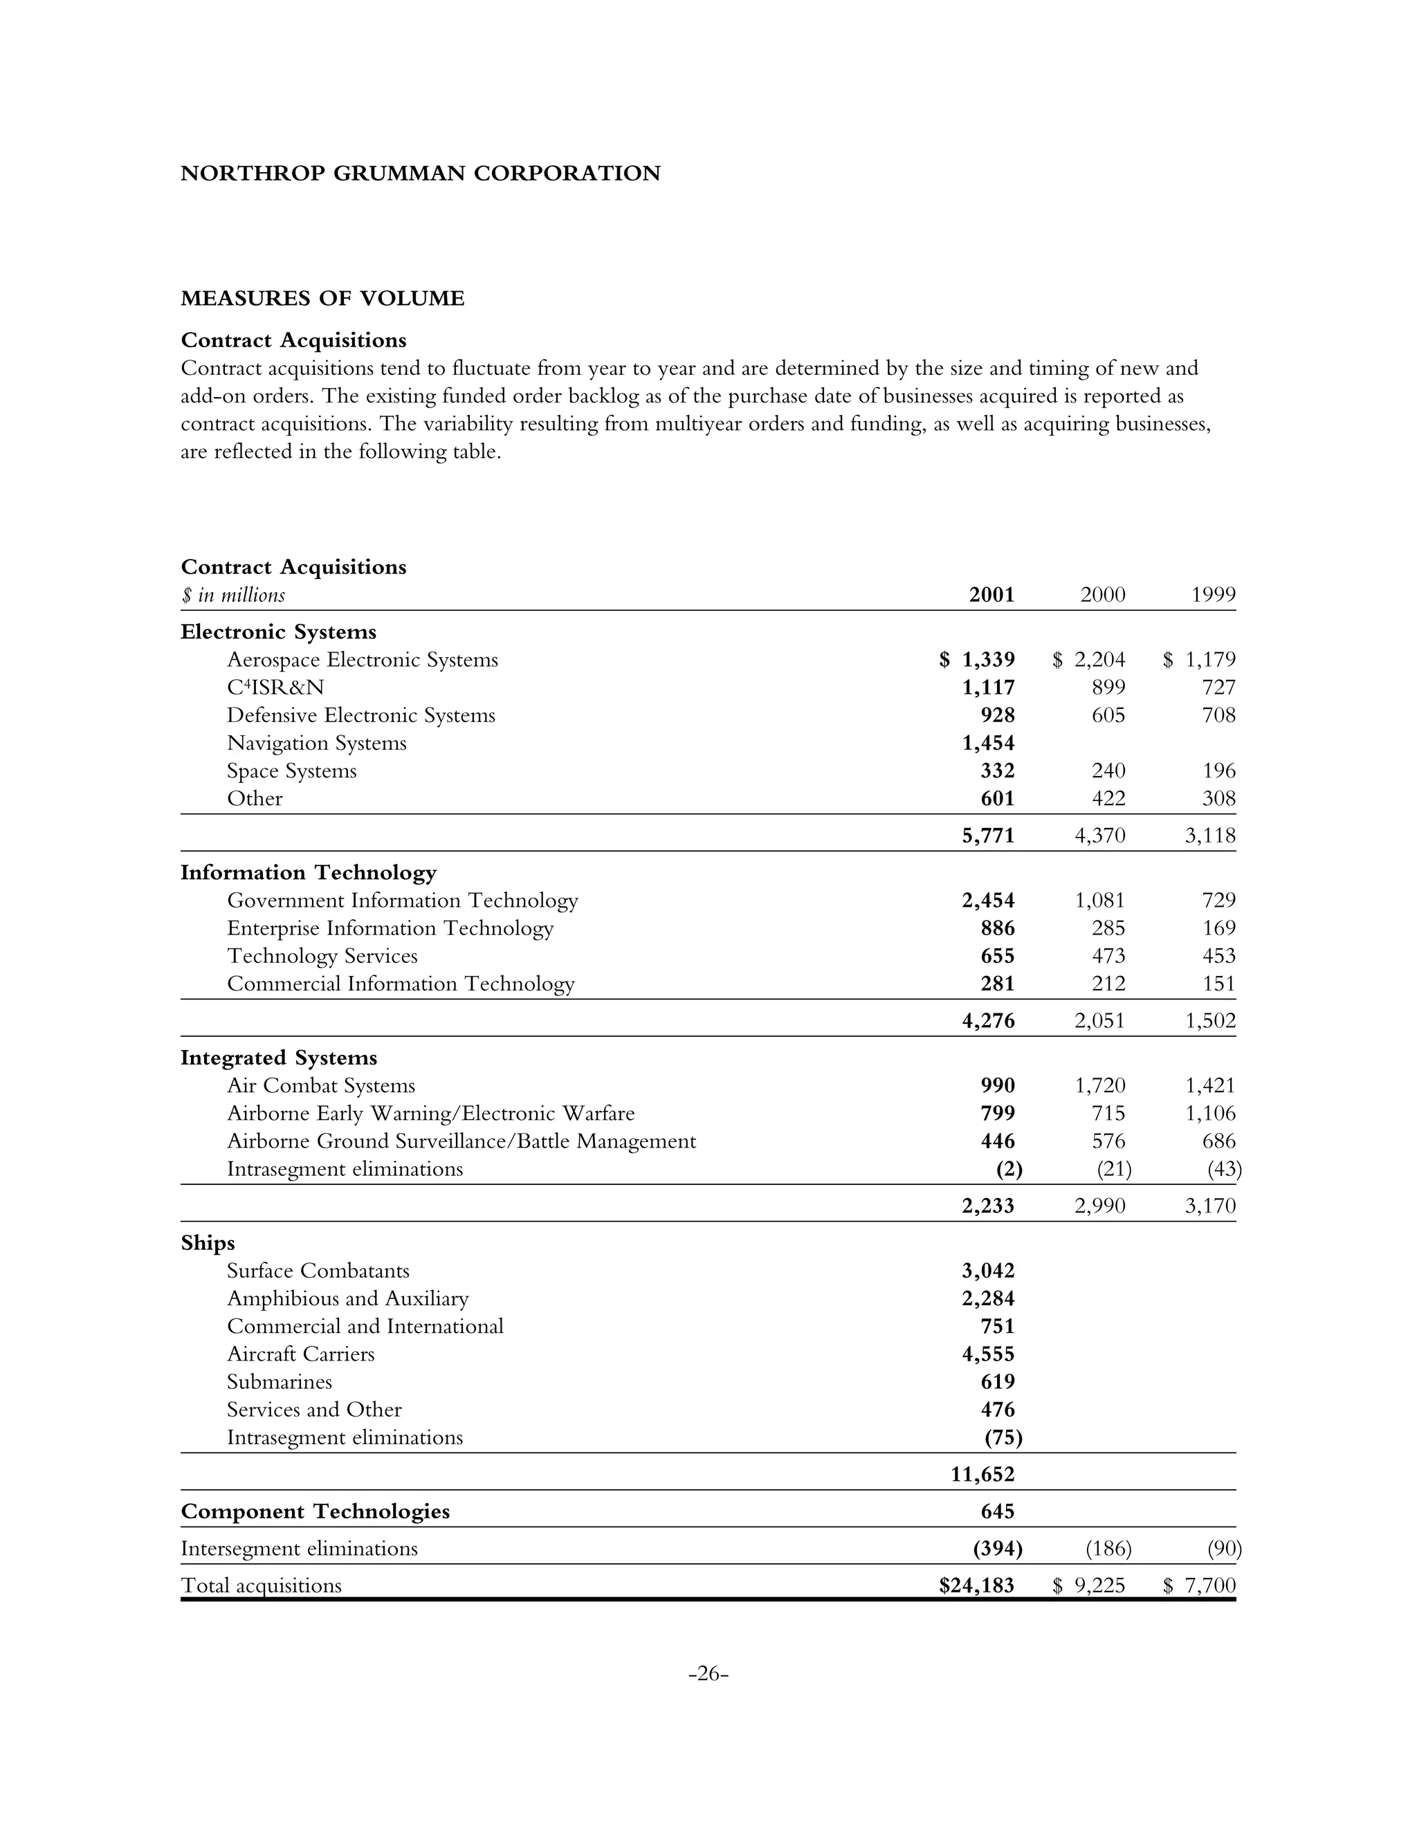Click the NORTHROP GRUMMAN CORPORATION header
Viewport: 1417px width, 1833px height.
420,174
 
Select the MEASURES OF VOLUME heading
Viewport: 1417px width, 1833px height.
322,299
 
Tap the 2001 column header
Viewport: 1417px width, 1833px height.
991,595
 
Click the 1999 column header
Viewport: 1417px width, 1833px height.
1213,595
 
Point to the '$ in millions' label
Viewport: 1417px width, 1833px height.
232,596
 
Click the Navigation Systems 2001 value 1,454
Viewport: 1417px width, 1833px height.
988,743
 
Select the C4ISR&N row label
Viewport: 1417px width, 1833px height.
275,688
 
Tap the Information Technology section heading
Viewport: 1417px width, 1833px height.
308,873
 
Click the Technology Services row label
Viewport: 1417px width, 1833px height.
322,956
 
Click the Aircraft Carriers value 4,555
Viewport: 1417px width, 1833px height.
988,1354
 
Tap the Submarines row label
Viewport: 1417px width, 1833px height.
279,1381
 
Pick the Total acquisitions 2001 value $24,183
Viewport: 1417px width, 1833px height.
976,1585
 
